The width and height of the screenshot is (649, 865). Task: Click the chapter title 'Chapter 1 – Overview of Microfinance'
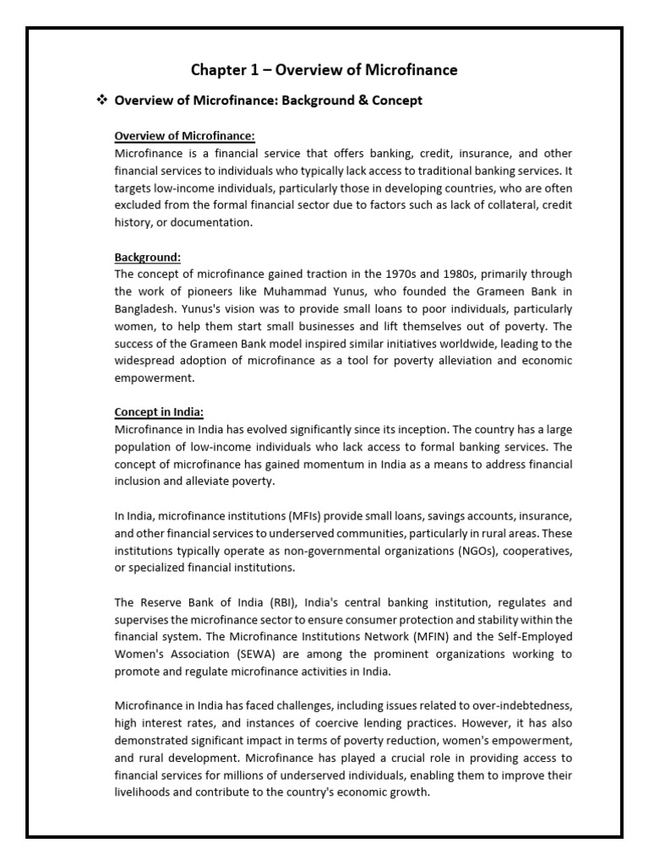pos(324,70)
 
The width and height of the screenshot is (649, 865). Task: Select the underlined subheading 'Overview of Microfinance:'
pos(184,136)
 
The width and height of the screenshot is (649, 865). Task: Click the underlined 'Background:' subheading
pos(148,257)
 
